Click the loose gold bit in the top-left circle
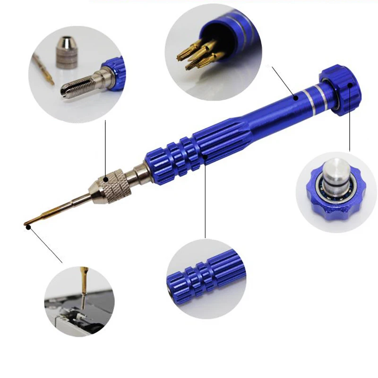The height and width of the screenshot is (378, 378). click(43, 69)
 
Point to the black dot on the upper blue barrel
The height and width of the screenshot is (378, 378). click(295, 98)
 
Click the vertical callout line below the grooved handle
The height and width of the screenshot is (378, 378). click(206, 198)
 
